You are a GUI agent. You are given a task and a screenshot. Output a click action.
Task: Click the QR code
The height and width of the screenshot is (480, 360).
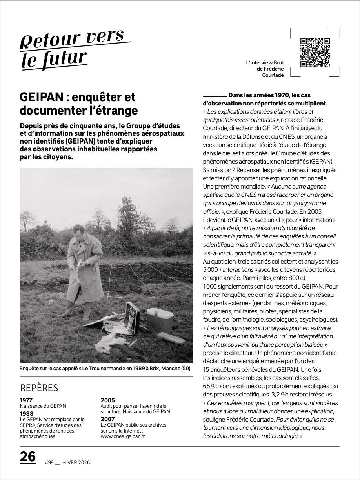click(315, 53)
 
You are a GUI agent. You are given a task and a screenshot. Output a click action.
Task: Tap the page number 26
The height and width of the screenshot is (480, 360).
click(28, 457)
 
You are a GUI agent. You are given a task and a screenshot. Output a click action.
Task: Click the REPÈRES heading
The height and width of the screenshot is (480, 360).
click(39, 388)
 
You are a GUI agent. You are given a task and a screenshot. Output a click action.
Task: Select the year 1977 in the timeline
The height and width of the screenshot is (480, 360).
click(26, 400)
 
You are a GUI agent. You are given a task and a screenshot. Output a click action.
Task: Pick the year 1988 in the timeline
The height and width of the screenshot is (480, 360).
click(27, 413)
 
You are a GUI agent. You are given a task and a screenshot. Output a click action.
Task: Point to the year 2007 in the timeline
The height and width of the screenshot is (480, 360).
click(107, 419)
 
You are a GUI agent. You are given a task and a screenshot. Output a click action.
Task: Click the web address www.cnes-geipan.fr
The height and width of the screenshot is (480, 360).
click(123, 436)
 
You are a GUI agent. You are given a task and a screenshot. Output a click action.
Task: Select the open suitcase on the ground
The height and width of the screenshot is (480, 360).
click(129, 318)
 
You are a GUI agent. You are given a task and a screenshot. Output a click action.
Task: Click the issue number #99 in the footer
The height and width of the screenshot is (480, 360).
click(49, 463)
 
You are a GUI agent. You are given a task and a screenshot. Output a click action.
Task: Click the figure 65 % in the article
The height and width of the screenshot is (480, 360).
click(212, 386)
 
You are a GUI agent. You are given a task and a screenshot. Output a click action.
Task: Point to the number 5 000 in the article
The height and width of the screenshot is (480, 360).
click(212, 270)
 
